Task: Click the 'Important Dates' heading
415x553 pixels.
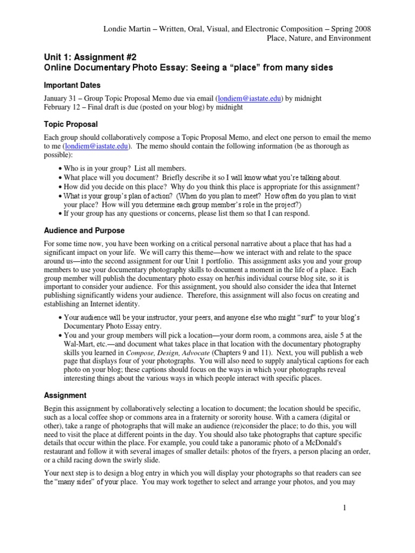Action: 72,85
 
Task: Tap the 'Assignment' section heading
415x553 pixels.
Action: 65,395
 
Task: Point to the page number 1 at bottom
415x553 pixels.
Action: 343,508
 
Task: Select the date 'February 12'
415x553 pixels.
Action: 64,107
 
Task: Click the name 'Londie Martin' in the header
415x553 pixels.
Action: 126,29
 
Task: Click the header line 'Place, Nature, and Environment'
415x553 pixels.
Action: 319,38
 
